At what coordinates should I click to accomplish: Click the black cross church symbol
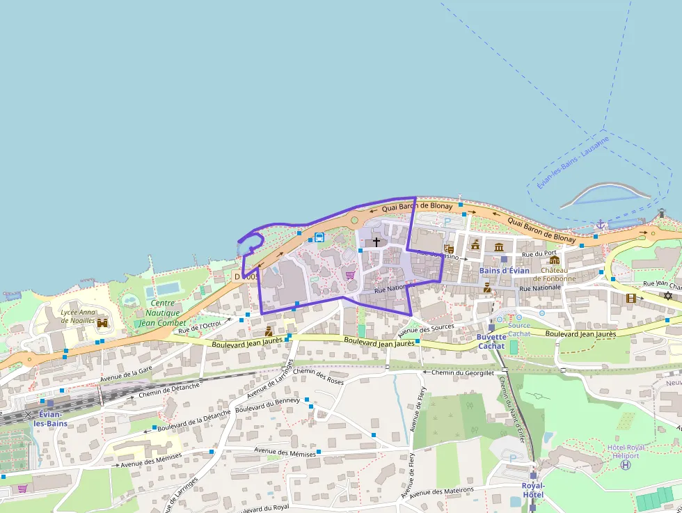(x=376, y=242)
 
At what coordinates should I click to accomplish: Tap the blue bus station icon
(x=319, y=237)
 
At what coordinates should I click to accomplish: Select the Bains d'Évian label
(x=505, y=270)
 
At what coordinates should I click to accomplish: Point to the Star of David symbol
(x=668, y=296)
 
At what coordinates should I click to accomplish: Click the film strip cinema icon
(x=631, y=298)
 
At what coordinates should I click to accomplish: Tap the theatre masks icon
(x=449, y=247)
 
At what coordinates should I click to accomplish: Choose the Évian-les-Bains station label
(x=50, y=419)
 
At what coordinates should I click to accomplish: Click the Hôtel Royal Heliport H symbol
(x=626, y=464)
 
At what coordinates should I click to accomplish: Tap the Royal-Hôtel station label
(x=533, y=490)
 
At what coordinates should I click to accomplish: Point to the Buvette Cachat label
(x=491, y=341)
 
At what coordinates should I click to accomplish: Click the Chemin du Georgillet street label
(x=463, y=372)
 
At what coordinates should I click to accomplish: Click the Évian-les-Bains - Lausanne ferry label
(x=573, y=161)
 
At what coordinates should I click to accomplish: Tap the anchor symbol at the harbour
(x=601, y=223)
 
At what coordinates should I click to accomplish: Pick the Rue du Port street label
(x=539, y=253)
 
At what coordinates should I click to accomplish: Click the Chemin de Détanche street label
(x=170, y=389)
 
